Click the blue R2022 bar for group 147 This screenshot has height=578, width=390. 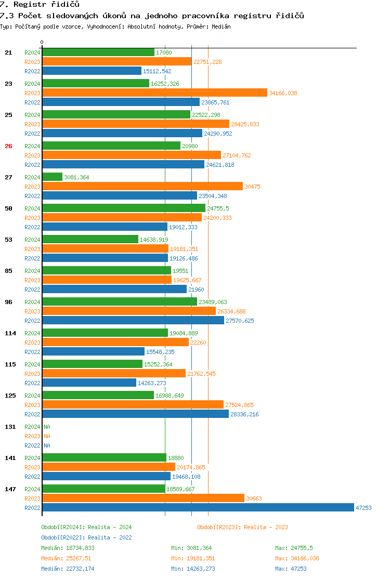point(198,508)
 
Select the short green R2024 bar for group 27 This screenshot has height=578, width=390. point(52,177)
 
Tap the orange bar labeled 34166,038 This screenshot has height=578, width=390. point(154,93)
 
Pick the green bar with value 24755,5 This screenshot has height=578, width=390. point(124,208)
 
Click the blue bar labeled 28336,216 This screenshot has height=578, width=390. point(135,414)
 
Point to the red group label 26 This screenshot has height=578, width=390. point(8,146)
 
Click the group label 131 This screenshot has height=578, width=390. point(10,427)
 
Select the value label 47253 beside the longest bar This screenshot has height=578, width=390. point(363,508)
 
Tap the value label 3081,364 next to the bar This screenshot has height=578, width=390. point(76,177)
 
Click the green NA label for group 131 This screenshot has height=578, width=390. point(47,427)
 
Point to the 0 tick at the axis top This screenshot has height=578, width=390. point(42,42)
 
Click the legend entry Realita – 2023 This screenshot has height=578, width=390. point(242,527)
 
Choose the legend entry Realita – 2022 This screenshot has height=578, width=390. point(86,537)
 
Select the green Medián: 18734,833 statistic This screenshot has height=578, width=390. point(68,548)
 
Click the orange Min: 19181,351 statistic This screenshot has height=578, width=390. point(193,558)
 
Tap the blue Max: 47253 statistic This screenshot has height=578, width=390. point(291,569)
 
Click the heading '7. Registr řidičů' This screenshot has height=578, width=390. point(40,4)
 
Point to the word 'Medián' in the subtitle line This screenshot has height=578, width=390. point(222,26)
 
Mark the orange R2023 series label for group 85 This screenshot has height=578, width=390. point(32,280)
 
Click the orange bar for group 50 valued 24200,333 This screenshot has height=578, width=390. point(122,218)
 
